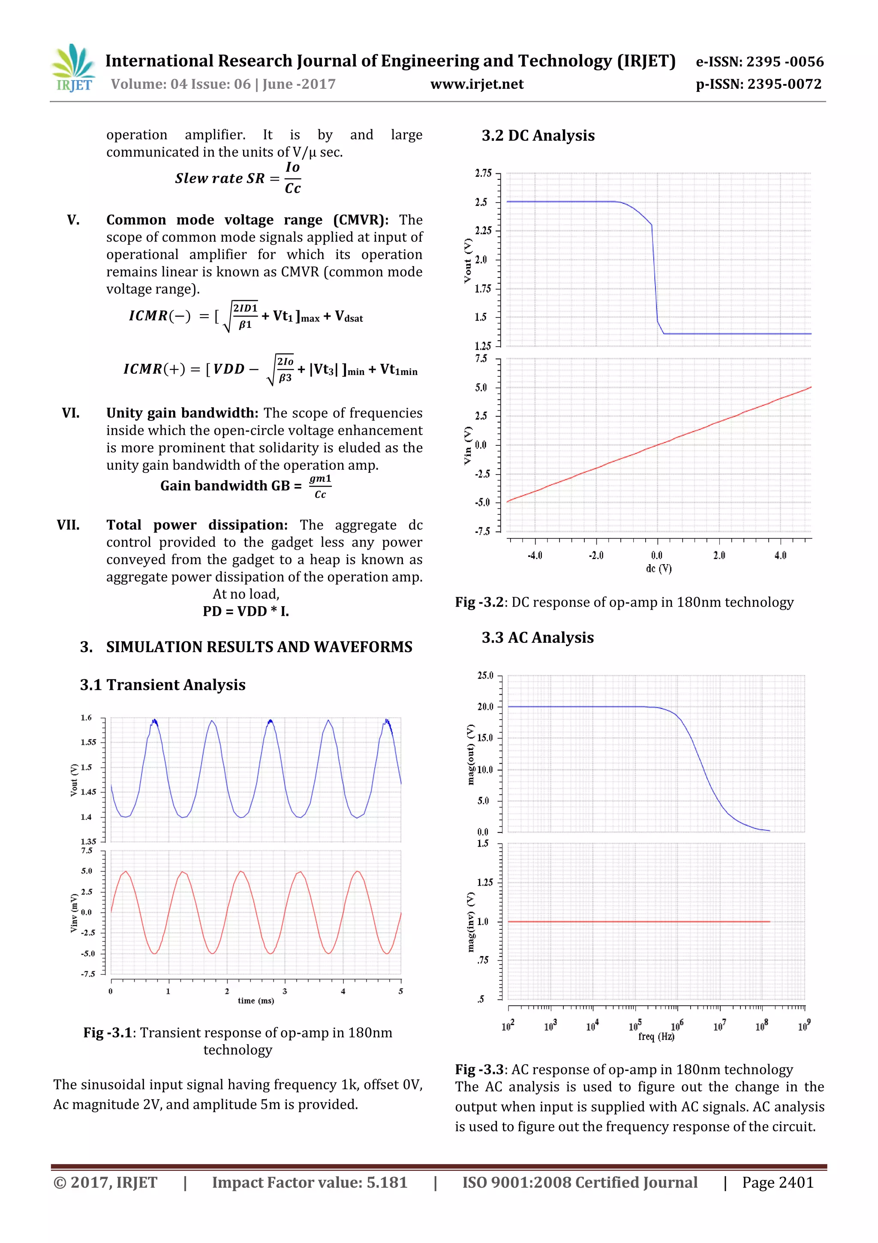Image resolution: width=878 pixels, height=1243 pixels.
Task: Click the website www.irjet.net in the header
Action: point(477,85)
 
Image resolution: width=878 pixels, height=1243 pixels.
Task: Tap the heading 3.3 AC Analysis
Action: point(537,637)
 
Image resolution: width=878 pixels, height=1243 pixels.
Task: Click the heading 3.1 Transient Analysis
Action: point(162,685)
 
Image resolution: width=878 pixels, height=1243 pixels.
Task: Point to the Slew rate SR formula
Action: point(238,178)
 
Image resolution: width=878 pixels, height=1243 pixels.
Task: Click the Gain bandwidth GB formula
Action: point(246,486)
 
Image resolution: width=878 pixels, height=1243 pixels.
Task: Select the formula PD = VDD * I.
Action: point(246,611)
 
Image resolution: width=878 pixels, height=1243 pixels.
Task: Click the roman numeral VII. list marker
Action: point(68,525)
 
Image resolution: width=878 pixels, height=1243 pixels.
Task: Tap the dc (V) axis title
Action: point(658,569)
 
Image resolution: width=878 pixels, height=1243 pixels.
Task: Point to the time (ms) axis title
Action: point(256,1001)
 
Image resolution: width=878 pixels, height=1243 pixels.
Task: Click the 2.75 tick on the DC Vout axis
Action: point(483,173)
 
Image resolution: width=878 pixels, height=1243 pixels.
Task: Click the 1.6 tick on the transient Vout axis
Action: point(87,718)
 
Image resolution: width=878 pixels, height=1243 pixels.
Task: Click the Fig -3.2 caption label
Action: point(479,602)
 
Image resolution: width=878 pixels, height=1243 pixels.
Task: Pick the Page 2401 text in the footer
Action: point(777,1183)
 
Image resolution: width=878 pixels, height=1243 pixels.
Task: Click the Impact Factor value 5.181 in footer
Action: point(310,1183)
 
